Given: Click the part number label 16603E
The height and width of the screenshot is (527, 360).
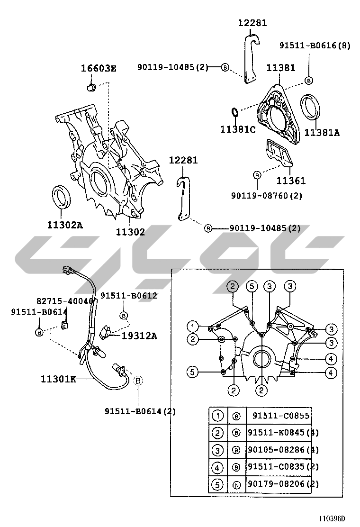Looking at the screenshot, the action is coord(99,69).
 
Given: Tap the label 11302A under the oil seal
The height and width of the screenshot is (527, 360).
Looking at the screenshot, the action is coord(65,225).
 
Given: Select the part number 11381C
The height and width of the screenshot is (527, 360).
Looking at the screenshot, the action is coord(238,129).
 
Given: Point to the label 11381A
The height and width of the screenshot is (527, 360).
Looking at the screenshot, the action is coord(322,133).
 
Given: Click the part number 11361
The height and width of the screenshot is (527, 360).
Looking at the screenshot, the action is coord(291,181).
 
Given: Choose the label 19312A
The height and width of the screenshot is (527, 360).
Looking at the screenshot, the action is coord(139,336).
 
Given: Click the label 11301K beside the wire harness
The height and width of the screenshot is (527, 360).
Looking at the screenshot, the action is coord(58,379).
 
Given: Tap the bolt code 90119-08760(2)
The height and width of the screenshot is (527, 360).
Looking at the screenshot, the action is coord(266,195).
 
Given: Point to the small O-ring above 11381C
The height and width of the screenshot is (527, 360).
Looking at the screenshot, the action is coord(235,111).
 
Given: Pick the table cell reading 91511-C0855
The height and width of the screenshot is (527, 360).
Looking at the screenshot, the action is coord(281,416).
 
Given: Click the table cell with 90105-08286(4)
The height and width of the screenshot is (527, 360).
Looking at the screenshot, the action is coord(283,450).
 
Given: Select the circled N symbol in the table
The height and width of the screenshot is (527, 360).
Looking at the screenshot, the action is coord(236,485).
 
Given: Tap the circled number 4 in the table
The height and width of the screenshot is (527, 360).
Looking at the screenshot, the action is coord(217,467).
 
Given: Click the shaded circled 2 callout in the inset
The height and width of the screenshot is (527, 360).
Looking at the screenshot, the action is coord(233,286).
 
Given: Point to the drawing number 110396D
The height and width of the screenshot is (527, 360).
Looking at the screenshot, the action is coord(332,518).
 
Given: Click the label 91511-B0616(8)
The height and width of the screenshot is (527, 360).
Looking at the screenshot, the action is coord(315,45).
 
